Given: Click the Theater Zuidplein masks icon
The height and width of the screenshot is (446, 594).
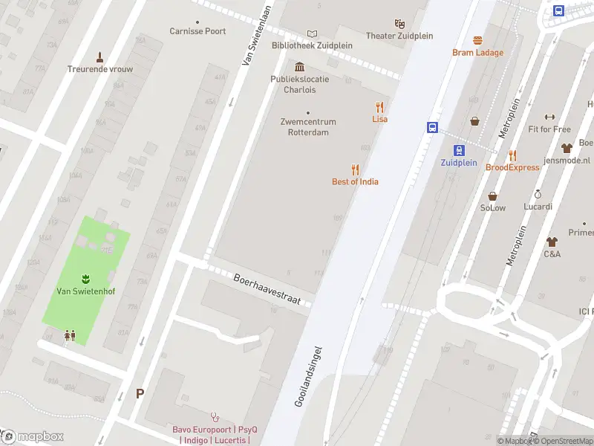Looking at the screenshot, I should pos(400,24).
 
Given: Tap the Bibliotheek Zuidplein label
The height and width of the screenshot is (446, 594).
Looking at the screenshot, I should pos(312,45).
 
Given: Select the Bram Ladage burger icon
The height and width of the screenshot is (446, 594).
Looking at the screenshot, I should pos(477,40).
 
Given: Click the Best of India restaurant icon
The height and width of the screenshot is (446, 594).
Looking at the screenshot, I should pos(355,169).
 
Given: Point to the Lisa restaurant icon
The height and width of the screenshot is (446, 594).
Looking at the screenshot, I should pos(379,107).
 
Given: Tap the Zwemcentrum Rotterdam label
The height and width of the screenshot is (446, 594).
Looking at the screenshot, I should pos(308,127).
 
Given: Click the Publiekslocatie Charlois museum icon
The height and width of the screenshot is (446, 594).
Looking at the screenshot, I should pos(299,67).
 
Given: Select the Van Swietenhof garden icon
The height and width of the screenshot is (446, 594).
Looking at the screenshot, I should pos(84,279).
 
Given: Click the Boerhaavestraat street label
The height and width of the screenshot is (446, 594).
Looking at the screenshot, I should pos(267,289).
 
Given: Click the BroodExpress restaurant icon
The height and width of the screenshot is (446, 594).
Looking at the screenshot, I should pos(512,155).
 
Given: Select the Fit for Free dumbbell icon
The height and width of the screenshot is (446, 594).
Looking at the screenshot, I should pos(549,117).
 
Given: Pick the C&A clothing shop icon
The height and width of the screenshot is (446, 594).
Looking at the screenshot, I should pos(552,242).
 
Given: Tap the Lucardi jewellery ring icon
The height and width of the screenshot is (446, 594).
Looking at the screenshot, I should pos(538,194).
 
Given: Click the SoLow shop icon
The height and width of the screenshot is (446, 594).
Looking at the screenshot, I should pos(492,195).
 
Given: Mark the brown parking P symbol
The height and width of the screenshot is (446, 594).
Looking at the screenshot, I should pos(140,394).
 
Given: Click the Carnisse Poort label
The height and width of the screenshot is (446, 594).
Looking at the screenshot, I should pos(198,31).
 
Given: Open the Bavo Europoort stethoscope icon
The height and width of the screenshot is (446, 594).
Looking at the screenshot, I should pos(215,417).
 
